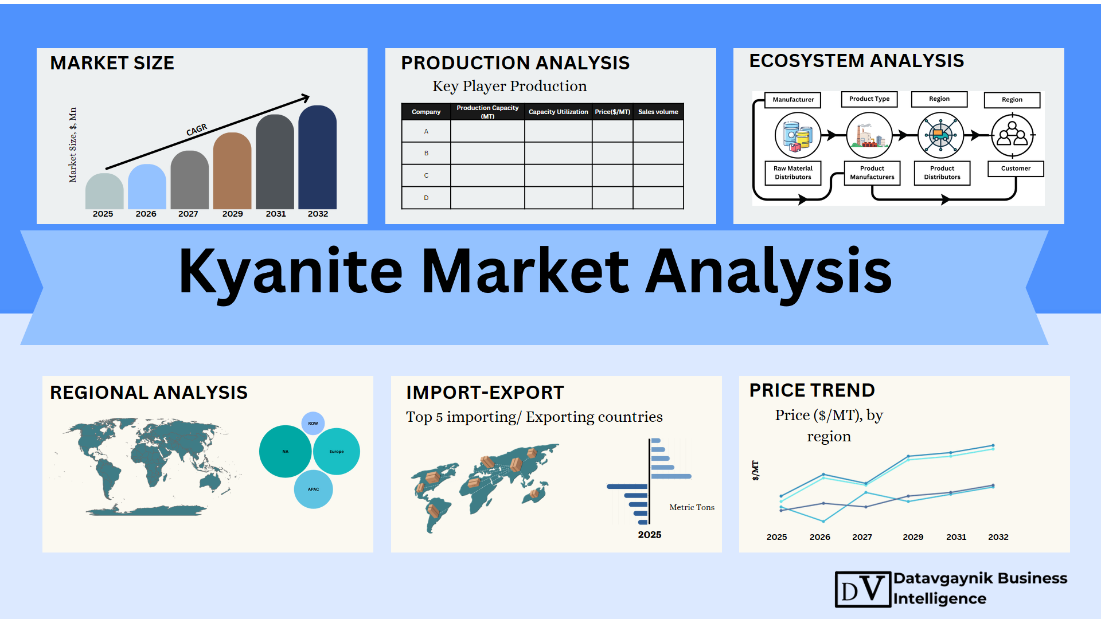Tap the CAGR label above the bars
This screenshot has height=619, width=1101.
197,130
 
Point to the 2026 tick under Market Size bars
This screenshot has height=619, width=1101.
146,214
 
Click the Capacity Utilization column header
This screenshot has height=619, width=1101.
558,112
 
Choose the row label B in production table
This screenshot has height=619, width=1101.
426,153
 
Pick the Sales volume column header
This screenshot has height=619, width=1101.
658,112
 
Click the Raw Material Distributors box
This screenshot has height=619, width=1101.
793,173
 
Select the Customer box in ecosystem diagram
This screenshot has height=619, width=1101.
1016,169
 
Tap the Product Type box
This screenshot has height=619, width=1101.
869,99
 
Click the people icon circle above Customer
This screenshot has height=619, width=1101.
1013,136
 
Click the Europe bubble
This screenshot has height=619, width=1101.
337,452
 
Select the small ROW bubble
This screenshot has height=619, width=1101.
313,424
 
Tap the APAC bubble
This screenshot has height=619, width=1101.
313,489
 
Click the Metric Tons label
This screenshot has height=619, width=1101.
692,507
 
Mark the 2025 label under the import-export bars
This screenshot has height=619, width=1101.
650,535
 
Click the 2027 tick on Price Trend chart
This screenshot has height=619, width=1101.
862,537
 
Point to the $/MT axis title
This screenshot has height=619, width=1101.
755,471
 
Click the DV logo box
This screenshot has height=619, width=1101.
863,589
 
